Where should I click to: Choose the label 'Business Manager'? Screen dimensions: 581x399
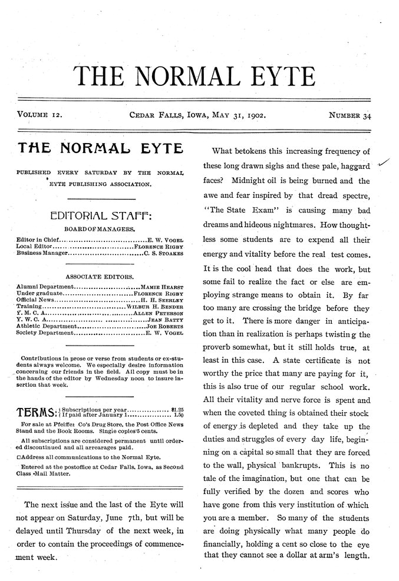pos(41,254)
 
